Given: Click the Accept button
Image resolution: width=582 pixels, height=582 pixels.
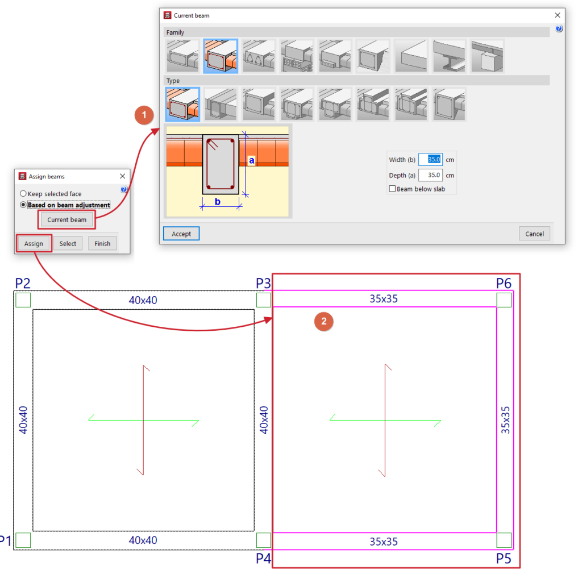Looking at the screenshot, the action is click(x=181, y=234).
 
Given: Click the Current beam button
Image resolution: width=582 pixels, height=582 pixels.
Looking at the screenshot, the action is click(x=67, y=219).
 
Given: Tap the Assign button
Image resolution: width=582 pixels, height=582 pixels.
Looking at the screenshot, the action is click(x=34, y=243).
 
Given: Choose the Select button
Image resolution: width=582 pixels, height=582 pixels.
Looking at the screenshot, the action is click(x=68, y=243).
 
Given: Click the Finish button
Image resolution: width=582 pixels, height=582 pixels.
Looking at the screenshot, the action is click(x=102, y=243).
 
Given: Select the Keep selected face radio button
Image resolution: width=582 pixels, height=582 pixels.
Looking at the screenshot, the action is click(x=23, y=193).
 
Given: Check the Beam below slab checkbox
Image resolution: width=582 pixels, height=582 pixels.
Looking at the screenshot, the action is click(x=392, y=189).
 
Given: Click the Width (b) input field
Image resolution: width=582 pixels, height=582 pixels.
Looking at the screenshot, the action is click(x=430, y=160).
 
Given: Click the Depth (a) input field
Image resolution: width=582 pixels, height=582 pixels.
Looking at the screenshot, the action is click(x=430, y=175).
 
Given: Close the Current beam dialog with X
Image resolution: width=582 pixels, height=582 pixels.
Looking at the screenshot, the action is click(x=557, y=15).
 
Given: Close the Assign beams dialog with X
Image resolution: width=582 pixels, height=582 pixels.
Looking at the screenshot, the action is click(x=123, y=176).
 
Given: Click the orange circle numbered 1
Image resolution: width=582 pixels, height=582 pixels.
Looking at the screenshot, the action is click(x=144, y=115).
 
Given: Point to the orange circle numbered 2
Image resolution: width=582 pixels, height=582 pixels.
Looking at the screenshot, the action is click(x=323, y=321).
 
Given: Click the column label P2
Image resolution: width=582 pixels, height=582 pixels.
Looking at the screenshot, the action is click(x=23, y=283).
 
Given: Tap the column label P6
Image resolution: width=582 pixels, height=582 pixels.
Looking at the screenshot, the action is click(x=504, y=283).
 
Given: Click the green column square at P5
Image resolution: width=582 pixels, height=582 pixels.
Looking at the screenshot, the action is click(x=504, y=540).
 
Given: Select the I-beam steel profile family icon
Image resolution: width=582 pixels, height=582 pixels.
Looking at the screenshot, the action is click(x=449, y=56).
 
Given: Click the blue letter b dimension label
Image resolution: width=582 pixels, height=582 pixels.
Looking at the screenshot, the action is click(x=218, y=202).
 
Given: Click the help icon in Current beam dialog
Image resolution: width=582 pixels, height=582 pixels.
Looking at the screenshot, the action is click(x=559, y=28).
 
